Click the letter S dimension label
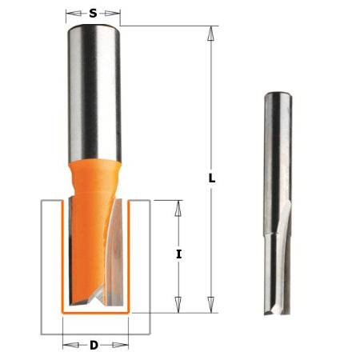[x=94, y=14]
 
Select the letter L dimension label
[x=212, y=179]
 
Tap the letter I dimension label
[x=179, y=254]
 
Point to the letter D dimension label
[x=94, y=346]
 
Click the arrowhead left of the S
[x=70, y=14]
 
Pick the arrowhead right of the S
[x=116, y=14]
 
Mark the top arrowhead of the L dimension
[x=211, y=33]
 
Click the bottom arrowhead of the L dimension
[x=211, y=305]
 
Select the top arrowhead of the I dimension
[x=179, y=207]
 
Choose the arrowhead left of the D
[x=67, y=346]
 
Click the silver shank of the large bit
[x=94, y=88]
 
